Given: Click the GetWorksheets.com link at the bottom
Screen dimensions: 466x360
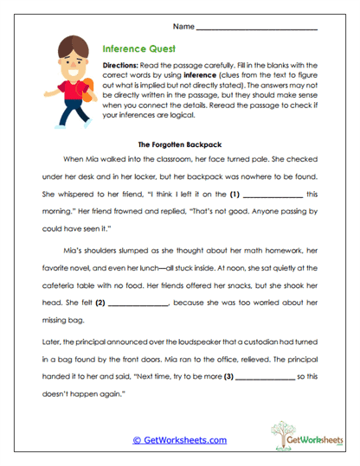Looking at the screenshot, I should (179, 440).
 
